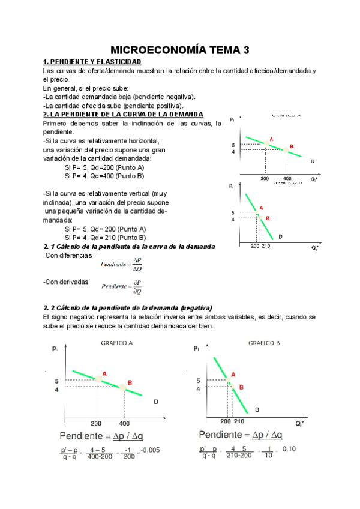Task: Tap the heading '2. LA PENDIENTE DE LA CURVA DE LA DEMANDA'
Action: click(x=124, y=114)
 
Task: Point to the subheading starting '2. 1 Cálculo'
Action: click(x=129, y=247)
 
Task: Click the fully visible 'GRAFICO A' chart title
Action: click(x=118, y=343)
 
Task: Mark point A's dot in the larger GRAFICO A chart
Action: click(x=97, y=379)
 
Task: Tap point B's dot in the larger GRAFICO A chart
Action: click(x=122, y=387)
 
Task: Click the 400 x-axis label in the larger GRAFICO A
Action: click(x=124, y=423)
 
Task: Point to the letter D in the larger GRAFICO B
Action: click(x=257, y=410)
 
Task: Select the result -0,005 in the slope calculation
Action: click(x=149, y=450)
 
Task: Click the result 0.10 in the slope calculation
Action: click(x=289, y=449)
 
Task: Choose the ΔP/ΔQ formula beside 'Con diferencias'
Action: click(x=122, y=264)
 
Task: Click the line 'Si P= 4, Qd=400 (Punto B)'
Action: click(x=104, y=176)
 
